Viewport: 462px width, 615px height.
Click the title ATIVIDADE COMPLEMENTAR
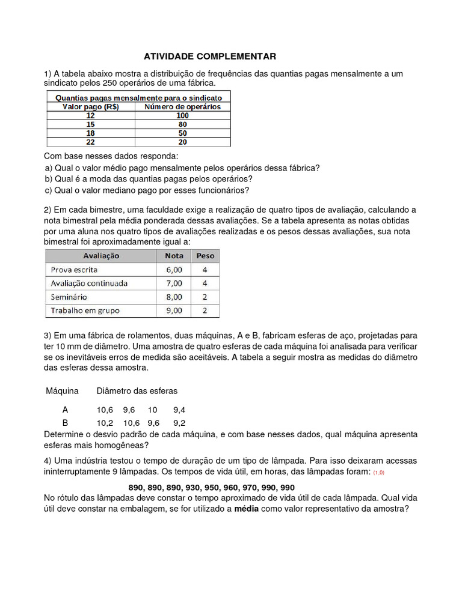pos(210,56)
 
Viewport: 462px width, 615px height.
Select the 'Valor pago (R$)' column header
pos(91,107)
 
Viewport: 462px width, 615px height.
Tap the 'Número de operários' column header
pos(182,107)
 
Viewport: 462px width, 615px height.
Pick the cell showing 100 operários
pos(182,115)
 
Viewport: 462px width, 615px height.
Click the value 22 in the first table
pos(91,142)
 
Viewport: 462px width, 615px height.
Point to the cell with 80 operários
pos(182,124)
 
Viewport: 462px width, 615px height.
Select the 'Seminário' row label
pos(69,297)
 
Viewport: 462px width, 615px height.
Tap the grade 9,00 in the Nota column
pos(174,311)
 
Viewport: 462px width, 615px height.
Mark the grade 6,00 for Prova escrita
pos(174,270)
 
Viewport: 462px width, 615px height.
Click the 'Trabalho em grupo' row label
pos(85,311)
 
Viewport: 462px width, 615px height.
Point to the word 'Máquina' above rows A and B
pos(63,391)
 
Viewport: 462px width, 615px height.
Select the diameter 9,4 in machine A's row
pos(179,410)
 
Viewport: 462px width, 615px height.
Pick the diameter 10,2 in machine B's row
pos(105,422)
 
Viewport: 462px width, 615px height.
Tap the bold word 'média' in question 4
pos(245,509)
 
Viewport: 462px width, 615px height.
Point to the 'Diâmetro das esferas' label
pos(137,391)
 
